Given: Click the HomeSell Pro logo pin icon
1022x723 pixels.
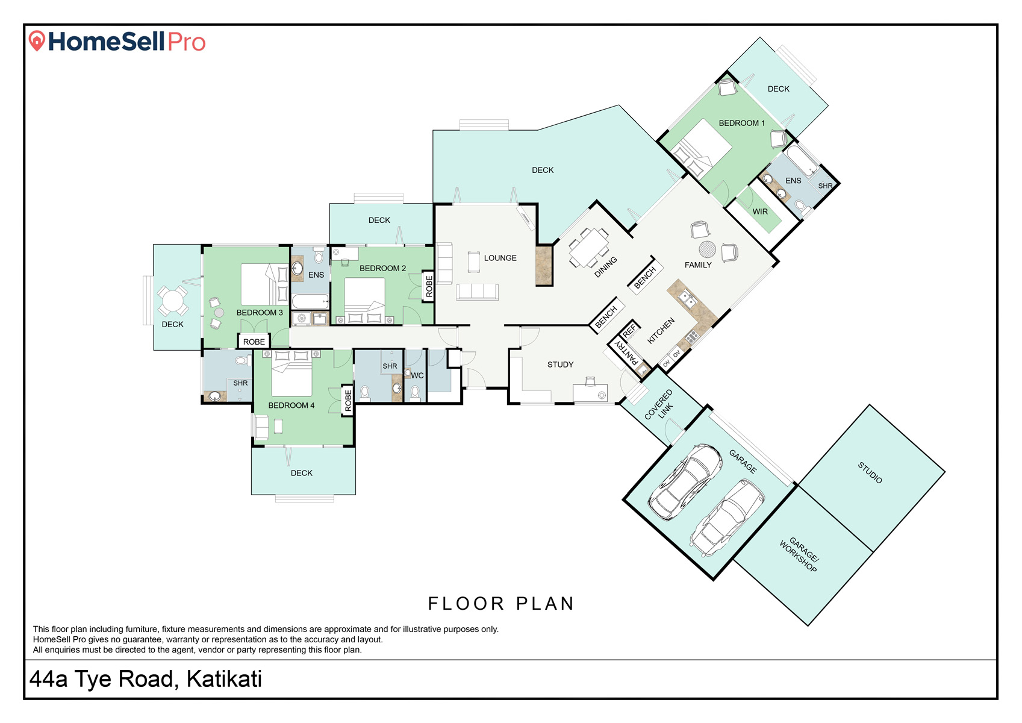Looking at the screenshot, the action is coord(37,40).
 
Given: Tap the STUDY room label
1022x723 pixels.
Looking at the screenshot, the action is coord(560,365).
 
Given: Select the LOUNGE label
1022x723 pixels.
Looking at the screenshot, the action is coord(500,258).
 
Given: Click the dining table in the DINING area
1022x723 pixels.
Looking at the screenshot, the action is coord(588,248).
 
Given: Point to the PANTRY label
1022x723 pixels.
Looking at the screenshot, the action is coord(627,352).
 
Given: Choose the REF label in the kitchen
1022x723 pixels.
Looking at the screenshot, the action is coord(629,330).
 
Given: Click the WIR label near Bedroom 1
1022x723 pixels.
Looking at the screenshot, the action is coord(760,212).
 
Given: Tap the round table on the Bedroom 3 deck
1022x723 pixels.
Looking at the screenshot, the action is coord(172,301).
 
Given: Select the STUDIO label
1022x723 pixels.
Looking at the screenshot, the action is coord(870,472).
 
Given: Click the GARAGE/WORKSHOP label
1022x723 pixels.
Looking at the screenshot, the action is coord(800,554).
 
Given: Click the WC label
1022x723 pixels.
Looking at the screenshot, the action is coord(417,375).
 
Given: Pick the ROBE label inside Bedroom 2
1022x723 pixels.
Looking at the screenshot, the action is coord(429,286).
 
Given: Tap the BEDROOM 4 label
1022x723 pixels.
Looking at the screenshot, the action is coord(291,405).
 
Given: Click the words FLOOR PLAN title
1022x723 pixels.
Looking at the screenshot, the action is coord(500,604).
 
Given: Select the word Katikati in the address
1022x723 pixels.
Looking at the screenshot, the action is coord(224,679).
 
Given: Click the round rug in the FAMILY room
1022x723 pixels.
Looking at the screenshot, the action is coord(707,249).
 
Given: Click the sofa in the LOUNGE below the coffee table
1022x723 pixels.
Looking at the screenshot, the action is coord(477,292).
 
